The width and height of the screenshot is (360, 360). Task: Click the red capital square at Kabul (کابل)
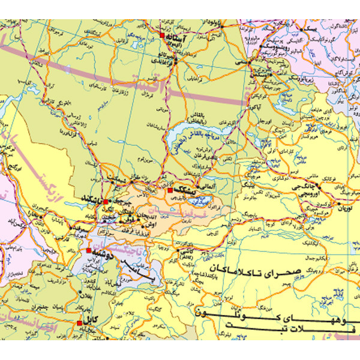point(79,322)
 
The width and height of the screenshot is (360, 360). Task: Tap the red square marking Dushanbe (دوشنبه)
point(89,250)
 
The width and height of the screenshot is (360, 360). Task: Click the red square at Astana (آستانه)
point(162,37)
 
